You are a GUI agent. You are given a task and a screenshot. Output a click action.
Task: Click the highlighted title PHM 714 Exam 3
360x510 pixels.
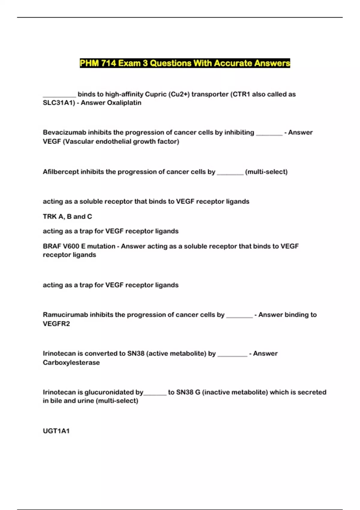(x=185, y=63)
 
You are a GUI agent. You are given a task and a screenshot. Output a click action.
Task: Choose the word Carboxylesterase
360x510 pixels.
(x=71, y=363)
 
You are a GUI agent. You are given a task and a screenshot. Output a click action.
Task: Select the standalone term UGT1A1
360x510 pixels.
(x=56, y=431)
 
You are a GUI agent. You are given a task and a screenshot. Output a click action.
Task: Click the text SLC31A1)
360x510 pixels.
(x=59, y=103)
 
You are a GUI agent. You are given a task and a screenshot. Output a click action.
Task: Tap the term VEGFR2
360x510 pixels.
(x=56, y=324)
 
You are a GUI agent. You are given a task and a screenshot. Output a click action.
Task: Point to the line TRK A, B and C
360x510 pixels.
(x=67, y=217)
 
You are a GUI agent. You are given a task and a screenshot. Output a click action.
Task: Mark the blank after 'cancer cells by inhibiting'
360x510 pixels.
(x=269, y=134)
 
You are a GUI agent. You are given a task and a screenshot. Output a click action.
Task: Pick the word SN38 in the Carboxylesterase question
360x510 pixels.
(x=136, y=354)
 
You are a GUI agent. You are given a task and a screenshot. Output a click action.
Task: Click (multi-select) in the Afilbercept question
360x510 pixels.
(x=266, y=172)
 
